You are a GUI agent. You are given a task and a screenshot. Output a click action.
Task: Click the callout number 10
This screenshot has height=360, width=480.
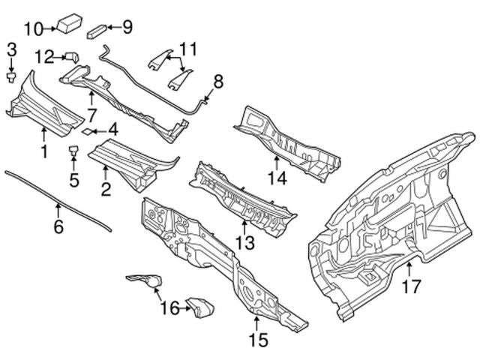[x=34, y=29]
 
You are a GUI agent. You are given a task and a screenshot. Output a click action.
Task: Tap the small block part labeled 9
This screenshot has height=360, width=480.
[x=97, y=31]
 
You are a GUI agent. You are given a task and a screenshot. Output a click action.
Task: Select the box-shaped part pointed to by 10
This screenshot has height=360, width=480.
[x=70, y=23]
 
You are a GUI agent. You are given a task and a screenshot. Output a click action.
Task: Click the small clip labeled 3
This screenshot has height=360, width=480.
[x=11, y=77]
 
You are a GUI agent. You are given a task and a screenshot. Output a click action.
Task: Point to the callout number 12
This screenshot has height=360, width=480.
[x=45, y=57]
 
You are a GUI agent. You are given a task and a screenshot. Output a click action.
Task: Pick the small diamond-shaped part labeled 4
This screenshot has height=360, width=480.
[x=87, y=131]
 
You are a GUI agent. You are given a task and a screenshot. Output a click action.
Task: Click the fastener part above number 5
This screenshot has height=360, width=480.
[x=73, y=151]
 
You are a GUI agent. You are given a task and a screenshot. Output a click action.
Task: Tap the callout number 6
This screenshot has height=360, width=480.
[x=58, y=226]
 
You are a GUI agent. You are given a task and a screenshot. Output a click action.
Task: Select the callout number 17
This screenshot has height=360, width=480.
[x=412, y=286]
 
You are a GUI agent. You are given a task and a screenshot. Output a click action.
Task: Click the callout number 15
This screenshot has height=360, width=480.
[x=258, y=340]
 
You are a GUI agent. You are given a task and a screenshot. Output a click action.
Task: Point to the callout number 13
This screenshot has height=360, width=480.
[x=245, y=243]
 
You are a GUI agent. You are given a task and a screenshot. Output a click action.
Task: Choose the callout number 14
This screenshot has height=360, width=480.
[x=277, y=178]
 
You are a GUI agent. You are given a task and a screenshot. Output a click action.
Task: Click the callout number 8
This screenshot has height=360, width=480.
[x=218, y=82]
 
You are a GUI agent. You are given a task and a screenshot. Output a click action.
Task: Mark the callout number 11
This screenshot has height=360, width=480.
[x=188, y=49]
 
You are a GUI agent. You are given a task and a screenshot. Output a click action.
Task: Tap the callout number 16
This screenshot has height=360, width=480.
[x=170, y=308]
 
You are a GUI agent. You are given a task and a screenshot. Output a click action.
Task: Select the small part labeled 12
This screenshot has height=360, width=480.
[x=72, y=57]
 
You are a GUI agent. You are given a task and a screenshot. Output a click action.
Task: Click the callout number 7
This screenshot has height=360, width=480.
[x=91, y=115]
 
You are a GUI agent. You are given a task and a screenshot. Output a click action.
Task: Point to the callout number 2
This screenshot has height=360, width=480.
[x=106, y=190]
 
